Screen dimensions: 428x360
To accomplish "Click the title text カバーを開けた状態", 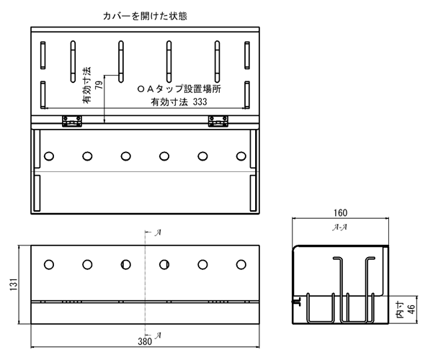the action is tap(145, 16).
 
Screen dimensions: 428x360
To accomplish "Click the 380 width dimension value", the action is tap(145, 341).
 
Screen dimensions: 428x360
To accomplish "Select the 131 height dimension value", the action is tap(14, 284).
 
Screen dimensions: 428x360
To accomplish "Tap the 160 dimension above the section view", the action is tap(340, 212).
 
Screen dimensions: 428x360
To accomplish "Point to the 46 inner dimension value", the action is tap(411, 310).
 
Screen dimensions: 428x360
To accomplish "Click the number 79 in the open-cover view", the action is tap(99, 85).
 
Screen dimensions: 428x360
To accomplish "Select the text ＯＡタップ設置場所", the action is tap(179, 89).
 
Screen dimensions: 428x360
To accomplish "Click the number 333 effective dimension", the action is tap(200, 102).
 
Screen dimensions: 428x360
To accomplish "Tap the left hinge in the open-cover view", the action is tap(72, 121).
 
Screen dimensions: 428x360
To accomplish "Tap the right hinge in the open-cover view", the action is tap(218, 121).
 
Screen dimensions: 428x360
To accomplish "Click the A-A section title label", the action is tap(340, 227).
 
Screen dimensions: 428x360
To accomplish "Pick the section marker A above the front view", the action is tap(158, 233).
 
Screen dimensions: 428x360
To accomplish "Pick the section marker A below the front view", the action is tap(158, 336).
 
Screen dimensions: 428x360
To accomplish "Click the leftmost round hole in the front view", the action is tap(49, 264).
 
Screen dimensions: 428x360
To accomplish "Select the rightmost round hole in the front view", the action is tap(241, 264).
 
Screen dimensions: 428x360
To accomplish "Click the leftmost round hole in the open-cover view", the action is tap(49, 156).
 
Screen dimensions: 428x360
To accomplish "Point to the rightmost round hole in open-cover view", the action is tap(241, 156).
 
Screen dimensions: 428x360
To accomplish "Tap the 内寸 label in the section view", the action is tap(400, 310).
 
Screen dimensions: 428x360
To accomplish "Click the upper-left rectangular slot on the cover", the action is tap(43, 55).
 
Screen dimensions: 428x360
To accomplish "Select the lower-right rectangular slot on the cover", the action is tap(247, 95).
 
